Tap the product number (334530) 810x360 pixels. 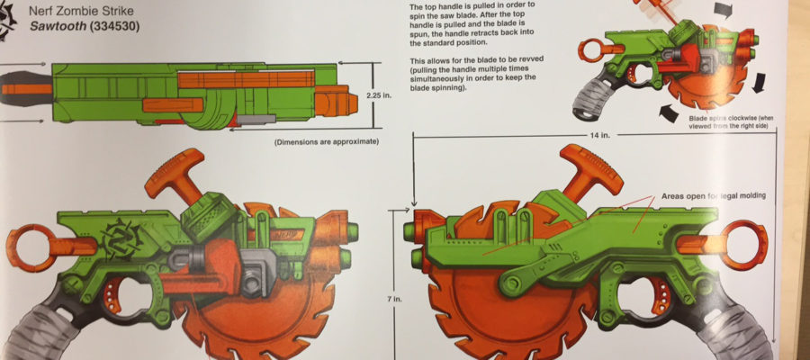point(113,26)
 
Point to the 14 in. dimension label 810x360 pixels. point(599,135)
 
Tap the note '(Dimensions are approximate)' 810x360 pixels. point(327,141)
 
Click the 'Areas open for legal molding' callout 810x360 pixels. point(714,196)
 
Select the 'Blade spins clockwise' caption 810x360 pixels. point(730,121)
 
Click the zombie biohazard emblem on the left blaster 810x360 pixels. point(121,238)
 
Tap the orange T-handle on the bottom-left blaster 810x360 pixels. point(175,175)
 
